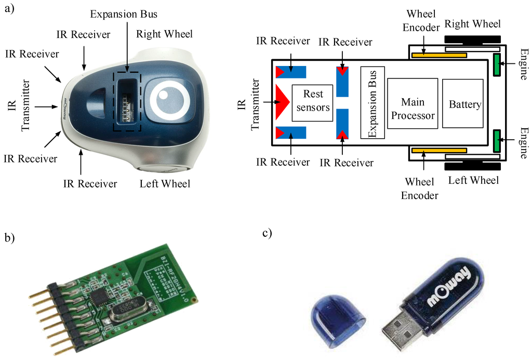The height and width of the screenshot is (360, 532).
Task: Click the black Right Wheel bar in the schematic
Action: click(x=472, y=39)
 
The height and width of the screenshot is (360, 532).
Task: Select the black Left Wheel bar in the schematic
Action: click(x=472, y=167)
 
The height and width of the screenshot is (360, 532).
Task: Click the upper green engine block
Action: click(x=496, y=64)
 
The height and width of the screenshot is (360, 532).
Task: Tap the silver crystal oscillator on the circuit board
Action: click(x=126, y=311)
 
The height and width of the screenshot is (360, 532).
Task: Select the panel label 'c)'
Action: click(x=267, y=233)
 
